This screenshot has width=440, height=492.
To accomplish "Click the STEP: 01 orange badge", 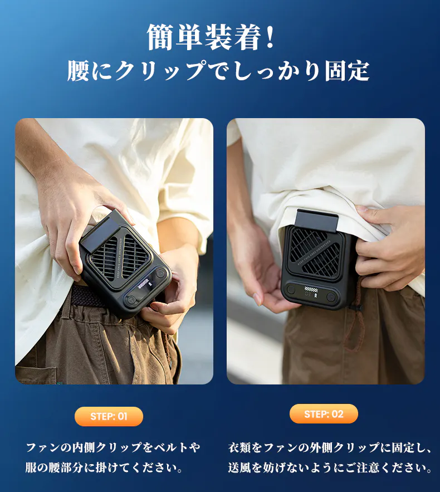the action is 109,416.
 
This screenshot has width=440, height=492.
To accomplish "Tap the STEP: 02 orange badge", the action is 324,414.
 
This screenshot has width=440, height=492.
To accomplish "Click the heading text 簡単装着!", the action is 211,37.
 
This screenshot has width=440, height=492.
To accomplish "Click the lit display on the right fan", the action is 312,291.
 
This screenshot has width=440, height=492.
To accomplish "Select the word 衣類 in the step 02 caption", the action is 239,447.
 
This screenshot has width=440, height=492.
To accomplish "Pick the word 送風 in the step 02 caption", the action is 239,467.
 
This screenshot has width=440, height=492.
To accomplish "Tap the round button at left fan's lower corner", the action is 131,300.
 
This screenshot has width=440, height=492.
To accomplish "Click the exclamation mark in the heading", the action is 270,37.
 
